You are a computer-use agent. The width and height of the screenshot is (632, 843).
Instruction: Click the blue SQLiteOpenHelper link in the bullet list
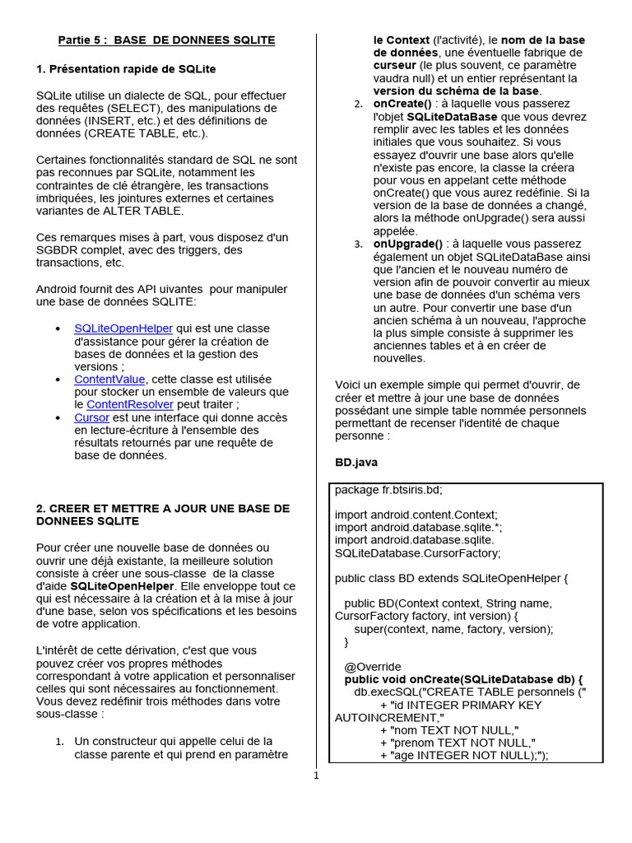tap(123, 328)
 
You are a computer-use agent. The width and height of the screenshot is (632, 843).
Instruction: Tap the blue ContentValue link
tap(109, 380)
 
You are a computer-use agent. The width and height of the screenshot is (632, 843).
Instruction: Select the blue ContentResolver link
tap(129, 405)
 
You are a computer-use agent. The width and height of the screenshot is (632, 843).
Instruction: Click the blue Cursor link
tap(91, 417)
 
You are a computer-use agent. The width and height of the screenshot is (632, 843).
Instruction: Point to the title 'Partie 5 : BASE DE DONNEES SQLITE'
tap(166, 40)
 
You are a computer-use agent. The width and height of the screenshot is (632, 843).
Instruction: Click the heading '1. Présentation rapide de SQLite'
tap(126, 68)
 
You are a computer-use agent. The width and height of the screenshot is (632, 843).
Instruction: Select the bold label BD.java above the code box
tap(356, 463)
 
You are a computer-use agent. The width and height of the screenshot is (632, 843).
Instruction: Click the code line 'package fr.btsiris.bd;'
tap(388, 490)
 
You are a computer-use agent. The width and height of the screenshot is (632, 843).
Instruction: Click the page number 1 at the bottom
tap(315, 775)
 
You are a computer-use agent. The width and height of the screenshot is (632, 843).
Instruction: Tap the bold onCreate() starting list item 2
tap(402, 104)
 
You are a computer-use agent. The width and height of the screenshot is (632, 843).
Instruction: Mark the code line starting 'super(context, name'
tap(453, 629)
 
